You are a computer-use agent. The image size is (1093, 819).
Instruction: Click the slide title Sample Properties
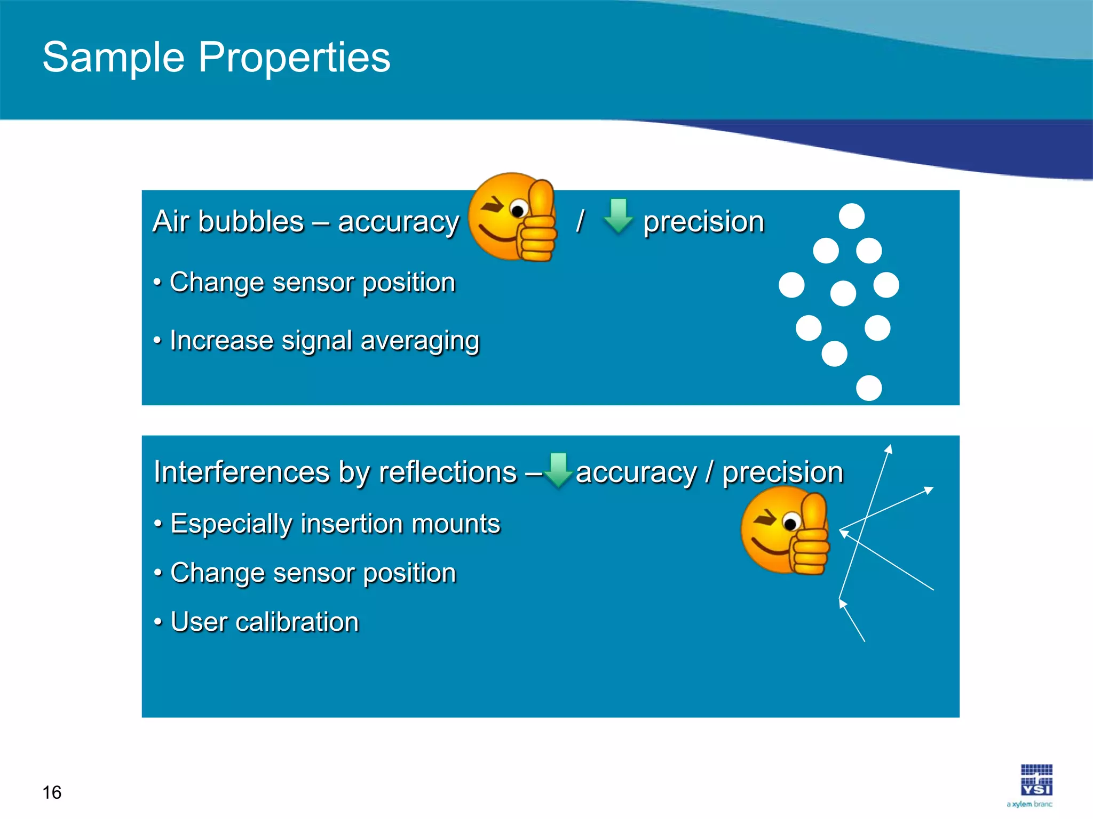coord(216,57)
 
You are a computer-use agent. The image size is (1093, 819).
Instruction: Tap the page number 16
coord(52,792)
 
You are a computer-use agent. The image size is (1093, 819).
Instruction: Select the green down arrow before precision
coord(618,216)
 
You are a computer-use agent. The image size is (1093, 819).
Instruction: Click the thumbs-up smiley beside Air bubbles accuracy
coord(513,217)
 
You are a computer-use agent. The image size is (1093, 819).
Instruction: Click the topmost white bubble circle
coord(851,216)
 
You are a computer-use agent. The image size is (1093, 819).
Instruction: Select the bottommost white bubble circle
coord(868,388)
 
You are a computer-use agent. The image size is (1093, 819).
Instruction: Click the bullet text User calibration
coord(264,622)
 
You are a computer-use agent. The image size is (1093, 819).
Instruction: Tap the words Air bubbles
coord(228,222)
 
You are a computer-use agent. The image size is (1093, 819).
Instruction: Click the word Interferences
coord(242,472)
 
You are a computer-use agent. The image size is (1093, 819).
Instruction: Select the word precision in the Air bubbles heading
coord(703,222)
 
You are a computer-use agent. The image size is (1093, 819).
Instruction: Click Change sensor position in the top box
coord(312,283)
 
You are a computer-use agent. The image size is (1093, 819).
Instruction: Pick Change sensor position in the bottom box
coord(313,573)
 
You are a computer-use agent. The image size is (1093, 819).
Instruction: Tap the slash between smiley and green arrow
coord(580,221)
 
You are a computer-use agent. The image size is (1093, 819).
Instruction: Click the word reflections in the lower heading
coord(447,472)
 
